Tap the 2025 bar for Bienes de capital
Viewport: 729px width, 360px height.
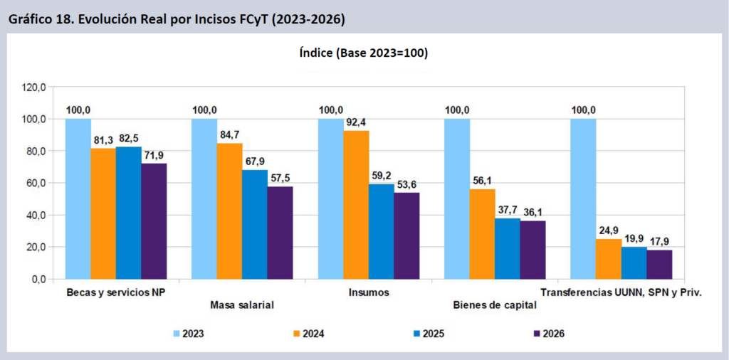coord(508,248)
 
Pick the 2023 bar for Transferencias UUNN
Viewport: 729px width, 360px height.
coord(583,198)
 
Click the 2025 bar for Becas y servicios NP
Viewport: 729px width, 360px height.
coord(128,213)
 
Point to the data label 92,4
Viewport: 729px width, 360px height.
coord(356,122)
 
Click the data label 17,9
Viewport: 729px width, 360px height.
coord(659,241)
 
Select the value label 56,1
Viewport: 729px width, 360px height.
coord(483,180)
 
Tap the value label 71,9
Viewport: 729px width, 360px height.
coord(154,154)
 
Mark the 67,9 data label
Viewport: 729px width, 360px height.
coord(255,161)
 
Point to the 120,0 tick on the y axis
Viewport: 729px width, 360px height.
coord(34,88)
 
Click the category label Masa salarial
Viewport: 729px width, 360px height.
coord(243,306)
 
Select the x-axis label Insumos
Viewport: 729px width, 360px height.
coord(369,292)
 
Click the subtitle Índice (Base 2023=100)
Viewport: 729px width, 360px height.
coord(364,53)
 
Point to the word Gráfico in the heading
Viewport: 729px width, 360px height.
coord(29,20)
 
